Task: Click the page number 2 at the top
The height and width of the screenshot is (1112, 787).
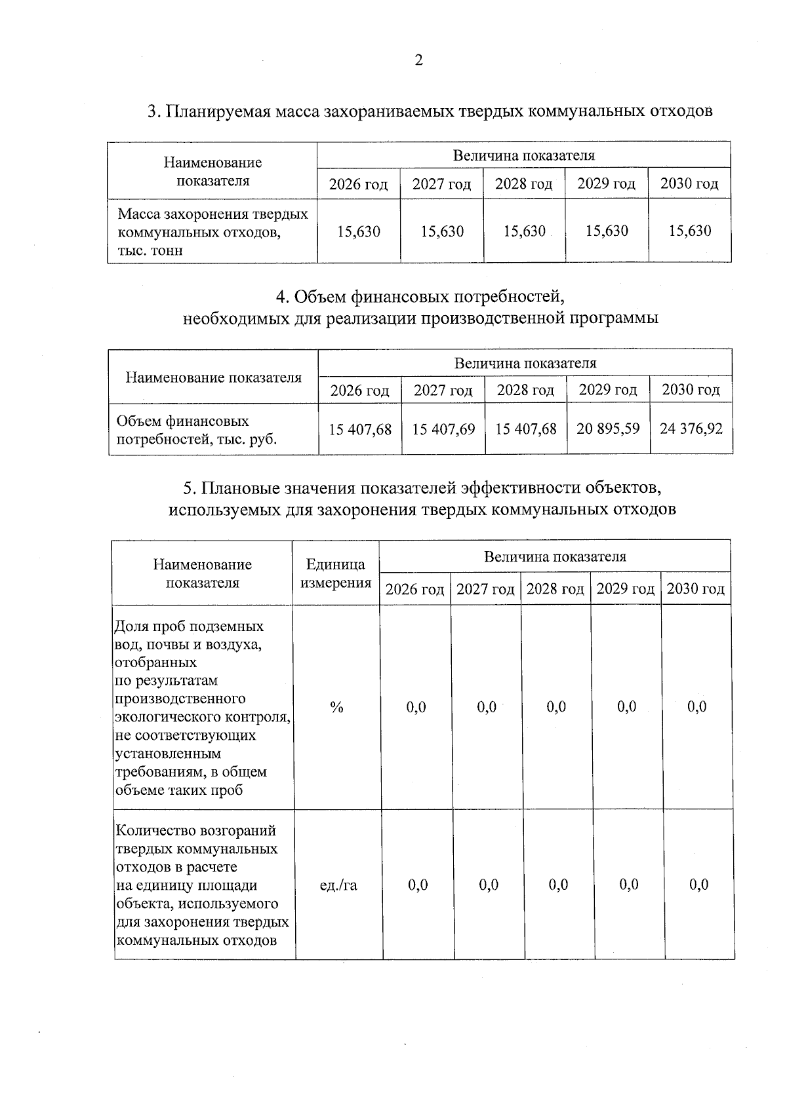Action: tap(418, 60)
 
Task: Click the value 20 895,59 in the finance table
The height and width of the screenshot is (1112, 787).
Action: tap(608, 429)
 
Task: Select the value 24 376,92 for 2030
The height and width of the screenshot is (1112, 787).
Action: tap(691, 429)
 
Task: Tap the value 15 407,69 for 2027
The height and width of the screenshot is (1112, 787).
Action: tap(443, 430)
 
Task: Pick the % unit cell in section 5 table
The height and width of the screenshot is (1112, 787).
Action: tap(337, 707)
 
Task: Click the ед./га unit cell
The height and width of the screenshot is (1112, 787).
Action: tap(338, 885)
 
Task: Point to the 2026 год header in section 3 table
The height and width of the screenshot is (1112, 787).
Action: tap(358, 184)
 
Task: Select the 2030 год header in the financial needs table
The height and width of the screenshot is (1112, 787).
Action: tap(691, 391)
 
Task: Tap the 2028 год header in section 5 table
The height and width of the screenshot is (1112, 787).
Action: tap(555, 589)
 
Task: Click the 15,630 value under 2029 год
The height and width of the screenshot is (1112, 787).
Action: tap(607, 231)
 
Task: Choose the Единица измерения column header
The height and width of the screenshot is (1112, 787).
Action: tap(336, 573)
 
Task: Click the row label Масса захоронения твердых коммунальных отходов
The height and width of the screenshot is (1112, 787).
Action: tap(212, 232)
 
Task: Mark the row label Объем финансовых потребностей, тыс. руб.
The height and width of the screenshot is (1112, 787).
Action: tap(197, 430)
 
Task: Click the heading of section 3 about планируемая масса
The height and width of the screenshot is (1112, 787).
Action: tap(430, 111)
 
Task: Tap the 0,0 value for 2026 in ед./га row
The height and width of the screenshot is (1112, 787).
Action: tap(418, 885)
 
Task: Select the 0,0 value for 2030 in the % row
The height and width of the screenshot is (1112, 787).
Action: tap(697, 707)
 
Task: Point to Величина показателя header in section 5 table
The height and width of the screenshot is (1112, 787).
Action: tap(555, 557)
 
